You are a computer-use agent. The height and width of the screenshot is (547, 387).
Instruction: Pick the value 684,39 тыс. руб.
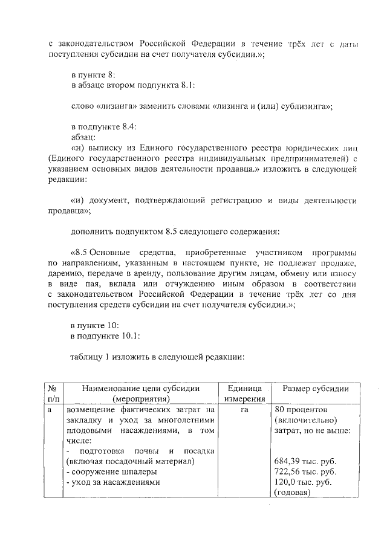[x=305, y=461]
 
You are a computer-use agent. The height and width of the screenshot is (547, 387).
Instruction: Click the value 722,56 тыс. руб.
[x=305, y=471]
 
